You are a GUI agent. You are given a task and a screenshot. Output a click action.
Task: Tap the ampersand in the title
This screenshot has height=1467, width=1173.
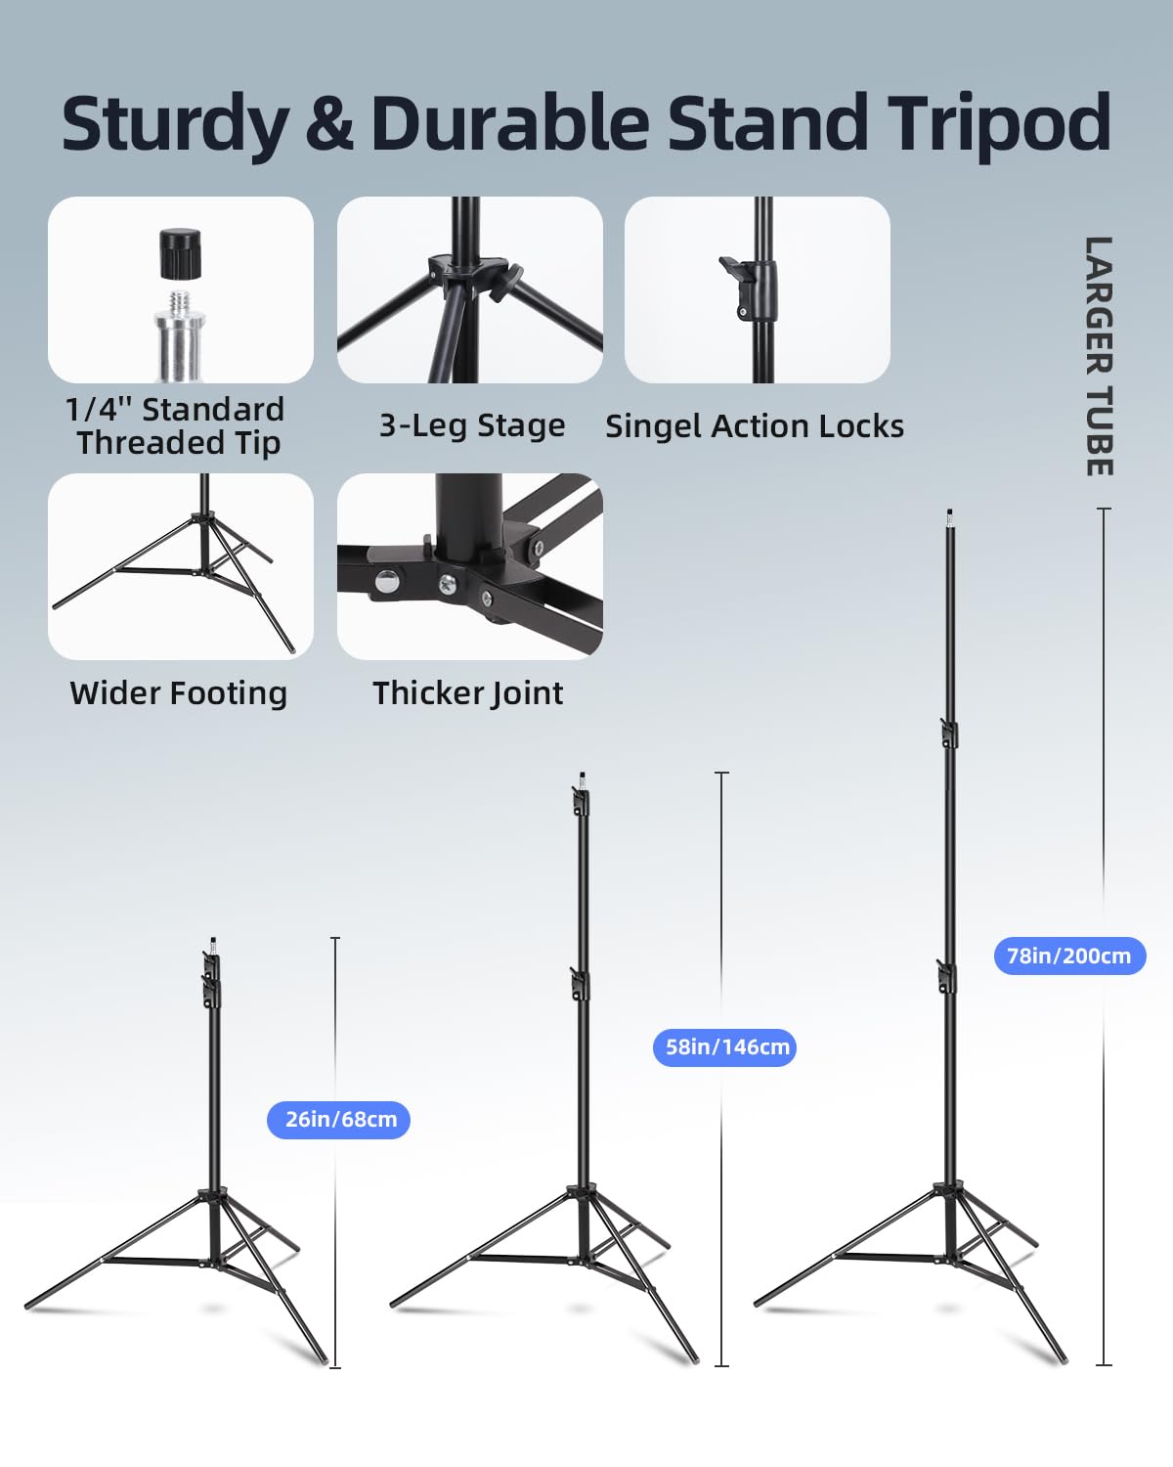point(329,122)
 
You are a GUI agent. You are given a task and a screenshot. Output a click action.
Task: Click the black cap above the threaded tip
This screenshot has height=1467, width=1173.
point(181,253)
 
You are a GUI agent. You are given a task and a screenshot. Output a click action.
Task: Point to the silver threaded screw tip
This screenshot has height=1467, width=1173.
point(180,334)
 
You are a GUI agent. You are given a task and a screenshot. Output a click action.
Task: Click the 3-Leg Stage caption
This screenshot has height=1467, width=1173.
point(472,426)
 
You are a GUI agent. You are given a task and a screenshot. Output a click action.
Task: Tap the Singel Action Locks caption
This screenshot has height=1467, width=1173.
point(755,426)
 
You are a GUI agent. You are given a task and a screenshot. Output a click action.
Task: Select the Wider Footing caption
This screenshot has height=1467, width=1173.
point(179,694)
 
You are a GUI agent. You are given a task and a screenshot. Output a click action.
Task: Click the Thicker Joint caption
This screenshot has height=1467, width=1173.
point(468,694)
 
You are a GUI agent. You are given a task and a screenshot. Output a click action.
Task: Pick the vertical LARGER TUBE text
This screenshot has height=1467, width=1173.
point(1100,356)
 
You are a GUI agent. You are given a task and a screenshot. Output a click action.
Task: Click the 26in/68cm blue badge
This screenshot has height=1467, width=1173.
point(338,1120)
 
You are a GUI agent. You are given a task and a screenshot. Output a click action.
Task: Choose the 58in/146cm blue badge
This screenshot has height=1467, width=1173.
point(724,1047)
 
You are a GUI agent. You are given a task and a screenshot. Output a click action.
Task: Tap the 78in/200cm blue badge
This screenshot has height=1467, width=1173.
point(1070,956)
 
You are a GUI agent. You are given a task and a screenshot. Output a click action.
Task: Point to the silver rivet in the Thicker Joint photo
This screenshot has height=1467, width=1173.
point(387,581)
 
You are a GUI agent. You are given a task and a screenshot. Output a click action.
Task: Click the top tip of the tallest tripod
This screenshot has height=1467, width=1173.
point(949,511)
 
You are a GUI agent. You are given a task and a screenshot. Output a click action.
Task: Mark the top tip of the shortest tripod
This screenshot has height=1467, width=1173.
point(213,940)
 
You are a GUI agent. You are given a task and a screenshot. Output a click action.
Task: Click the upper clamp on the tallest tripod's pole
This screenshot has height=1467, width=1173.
point(949,733)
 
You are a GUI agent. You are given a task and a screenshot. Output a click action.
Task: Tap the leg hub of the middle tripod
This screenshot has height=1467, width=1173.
point(582,1192)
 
